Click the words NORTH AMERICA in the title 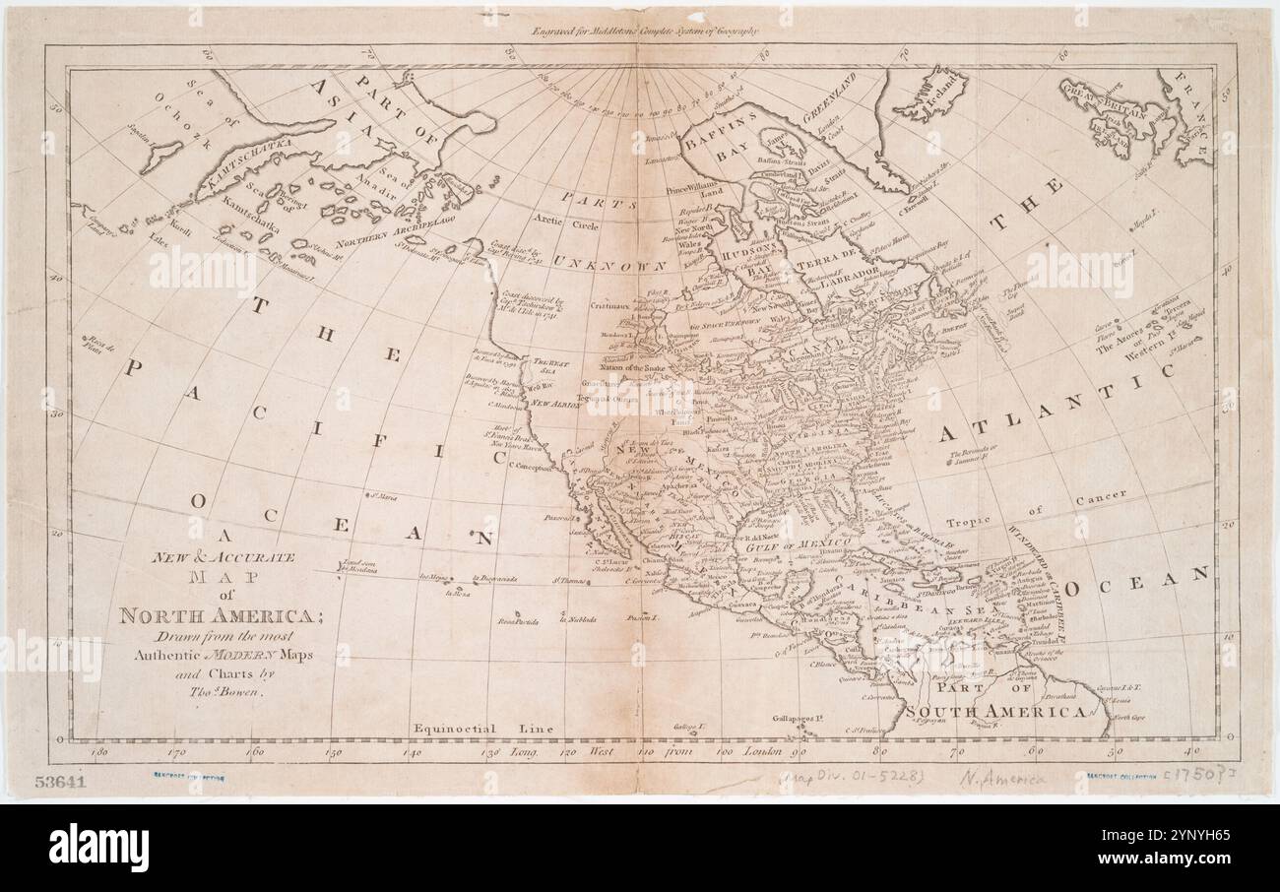click(215, 616)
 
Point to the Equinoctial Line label click(482, 729)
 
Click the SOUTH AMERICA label click(994, 711)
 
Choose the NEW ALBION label click(553, 403)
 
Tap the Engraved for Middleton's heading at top click(645, 31)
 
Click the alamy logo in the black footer click(98, 848)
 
